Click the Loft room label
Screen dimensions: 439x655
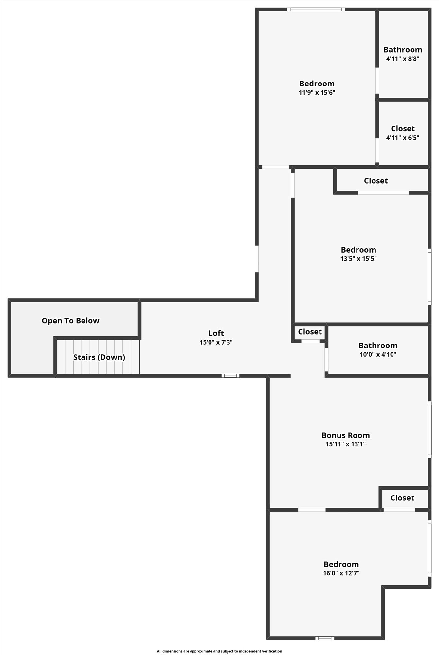216,333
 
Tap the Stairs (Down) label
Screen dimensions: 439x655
99,357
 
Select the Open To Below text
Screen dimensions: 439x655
70,321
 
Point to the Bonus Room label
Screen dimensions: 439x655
346,435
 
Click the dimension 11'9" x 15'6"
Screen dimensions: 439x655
317,93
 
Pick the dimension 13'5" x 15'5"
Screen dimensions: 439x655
358,259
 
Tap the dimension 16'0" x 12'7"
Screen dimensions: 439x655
341,573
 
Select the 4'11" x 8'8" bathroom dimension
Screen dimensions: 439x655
403,59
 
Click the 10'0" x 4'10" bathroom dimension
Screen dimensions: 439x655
378,354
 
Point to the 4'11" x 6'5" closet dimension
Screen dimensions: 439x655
403,138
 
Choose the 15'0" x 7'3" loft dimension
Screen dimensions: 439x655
216,342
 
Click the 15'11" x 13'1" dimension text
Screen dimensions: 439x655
346,444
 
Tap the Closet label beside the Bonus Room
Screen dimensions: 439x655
402,498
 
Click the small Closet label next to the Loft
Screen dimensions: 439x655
310,332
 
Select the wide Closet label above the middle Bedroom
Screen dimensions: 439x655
376,181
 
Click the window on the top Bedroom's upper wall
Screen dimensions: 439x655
316,9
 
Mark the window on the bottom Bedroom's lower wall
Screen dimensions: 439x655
325,638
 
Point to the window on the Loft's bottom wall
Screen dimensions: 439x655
230,376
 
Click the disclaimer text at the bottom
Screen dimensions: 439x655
219,651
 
